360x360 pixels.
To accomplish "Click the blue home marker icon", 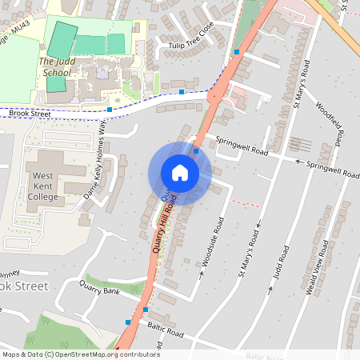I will click(180, 173).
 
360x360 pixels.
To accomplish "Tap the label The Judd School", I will click(56, 66).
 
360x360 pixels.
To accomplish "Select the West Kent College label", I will click(46, 186).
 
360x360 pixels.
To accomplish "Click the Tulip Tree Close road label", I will click(191, 39).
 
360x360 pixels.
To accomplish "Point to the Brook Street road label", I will click(29, 114).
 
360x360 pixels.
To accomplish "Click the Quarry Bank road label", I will click(99, 291).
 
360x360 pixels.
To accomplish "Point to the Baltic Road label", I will click(166, 329).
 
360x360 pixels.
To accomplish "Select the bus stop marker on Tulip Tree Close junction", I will click(237, 52).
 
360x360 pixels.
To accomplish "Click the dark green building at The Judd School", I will click(61, 36).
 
